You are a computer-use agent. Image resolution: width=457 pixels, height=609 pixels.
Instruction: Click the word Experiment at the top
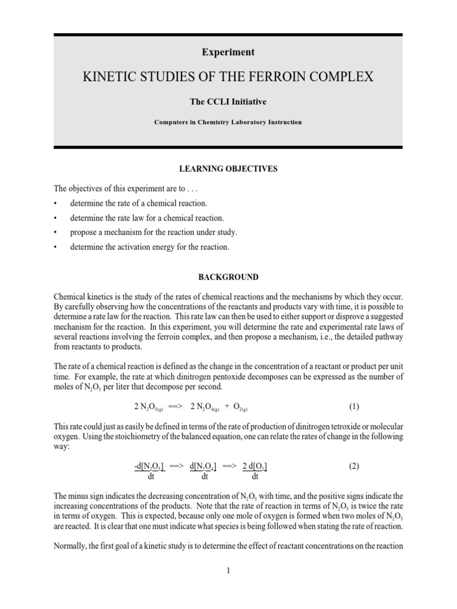click(228, 52)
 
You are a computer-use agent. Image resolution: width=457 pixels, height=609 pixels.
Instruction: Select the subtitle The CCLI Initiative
click(228, 102)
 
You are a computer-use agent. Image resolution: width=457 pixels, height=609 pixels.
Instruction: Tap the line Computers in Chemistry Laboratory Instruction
click(228, 122)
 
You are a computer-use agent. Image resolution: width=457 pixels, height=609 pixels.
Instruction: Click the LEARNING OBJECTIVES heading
click(228, 169)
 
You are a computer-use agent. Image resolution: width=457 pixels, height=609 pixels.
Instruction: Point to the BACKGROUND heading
click(228, 277)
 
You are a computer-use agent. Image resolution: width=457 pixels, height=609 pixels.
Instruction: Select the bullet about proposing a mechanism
click(153, 232)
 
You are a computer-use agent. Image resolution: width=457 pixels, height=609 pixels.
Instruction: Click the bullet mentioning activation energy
click(149, 246)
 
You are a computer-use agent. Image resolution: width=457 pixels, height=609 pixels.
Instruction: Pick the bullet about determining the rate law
click(147, 218)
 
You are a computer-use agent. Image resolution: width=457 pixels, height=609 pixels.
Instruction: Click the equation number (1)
click(354, 407)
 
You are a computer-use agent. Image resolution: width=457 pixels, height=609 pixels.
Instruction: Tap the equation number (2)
click(354, 467)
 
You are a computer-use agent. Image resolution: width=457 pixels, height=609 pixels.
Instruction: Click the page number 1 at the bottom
click(228, 571)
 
